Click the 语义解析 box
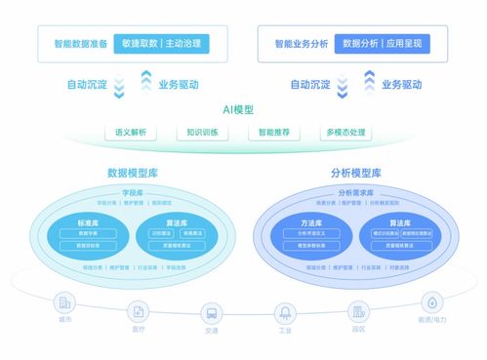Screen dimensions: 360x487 coord(130,131)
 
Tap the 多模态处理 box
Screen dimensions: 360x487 coord(345,131)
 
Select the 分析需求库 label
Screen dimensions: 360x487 coord(354,193)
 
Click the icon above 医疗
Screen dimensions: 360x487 coord(139,311)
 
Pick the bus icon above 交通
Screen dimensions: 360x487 coord(211,314)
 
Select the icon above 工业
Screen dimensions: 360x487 coord(285,313)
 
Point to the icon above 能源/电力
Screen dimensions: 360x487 coord(429,301)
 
